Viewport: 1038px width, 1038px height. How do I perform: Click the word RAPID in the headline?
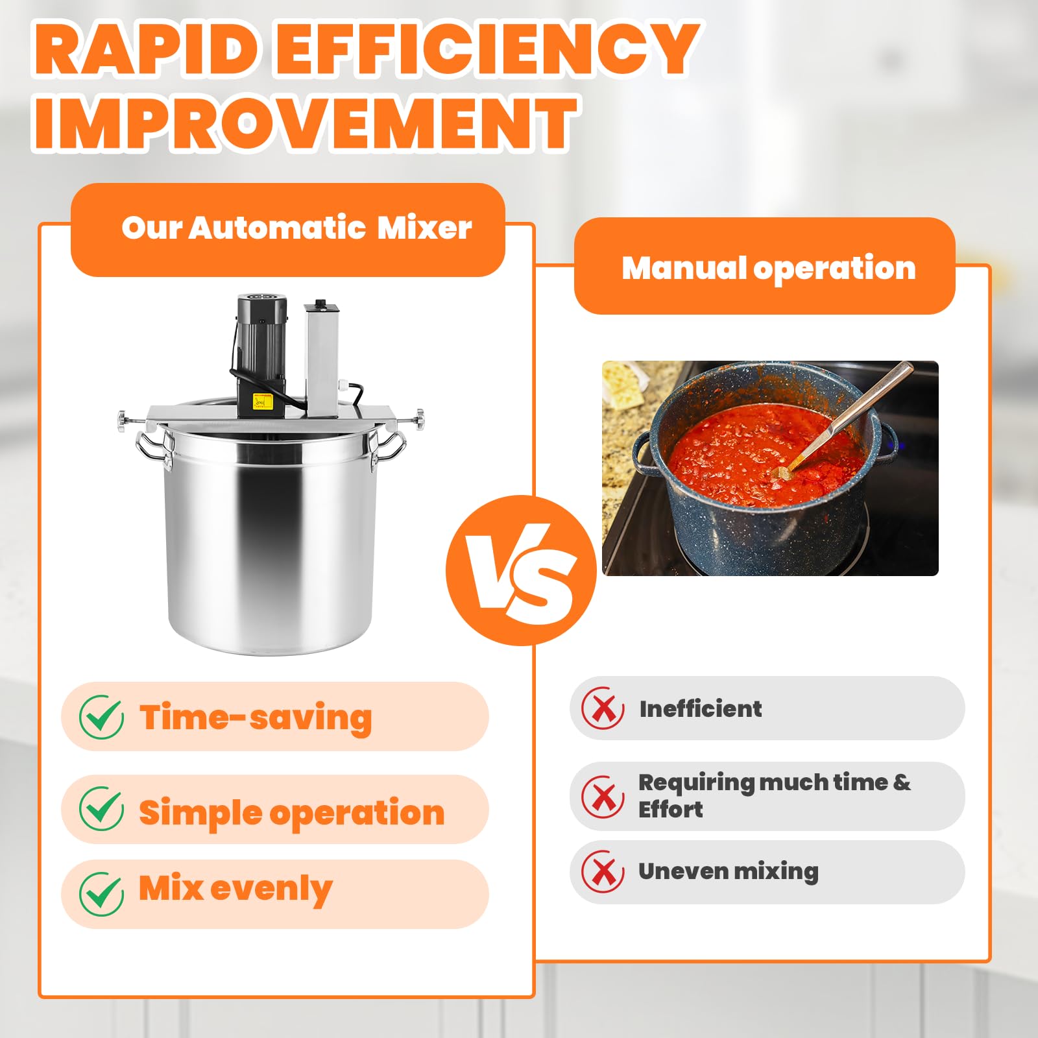(145, 48)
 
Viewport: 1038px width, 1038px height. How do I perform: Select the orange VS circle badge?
(521, 570)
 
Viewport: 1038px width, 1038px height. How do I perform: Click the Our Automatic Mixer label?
(296, 228)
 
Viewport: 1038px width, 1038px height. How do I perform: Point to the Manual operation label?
(769, 268)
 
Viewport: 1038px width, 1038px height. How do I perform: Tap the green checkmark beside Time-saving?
(102, 718)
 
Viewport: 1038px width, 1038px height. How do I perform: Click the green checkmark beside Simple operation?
(102, 809)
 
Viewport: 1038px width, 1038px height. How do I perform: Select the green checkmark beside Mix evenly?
(102, 893)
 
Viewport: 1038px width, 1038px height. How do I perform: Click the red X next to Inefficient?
(603, 708)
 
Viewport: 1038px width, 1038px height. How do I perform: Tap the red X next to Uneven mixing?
(603, 871)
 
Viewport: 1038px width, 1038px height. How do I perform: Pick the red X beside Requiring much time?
(603, 796)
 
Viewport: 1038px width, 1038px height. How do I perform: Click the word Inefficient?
(701, 708)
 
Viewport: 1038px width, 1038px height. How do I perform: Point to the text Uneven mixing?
(729, 871)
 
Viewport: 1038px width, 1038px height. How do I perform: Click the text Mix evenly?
(235, 889)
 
